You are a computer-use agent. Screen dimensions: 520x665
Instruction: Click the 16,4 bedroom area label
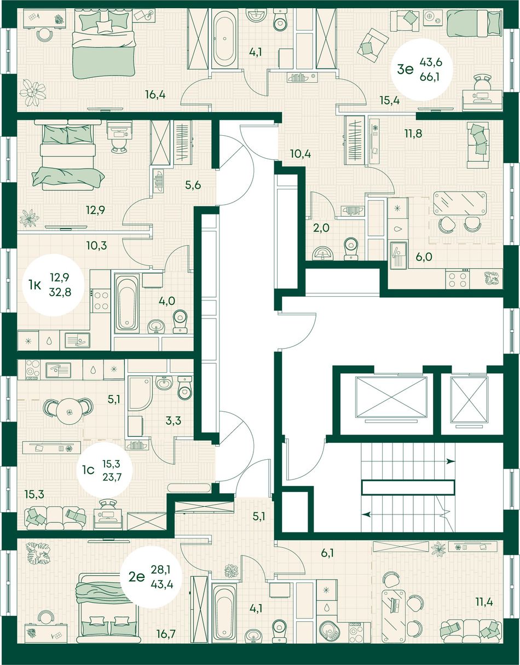click(x=155, y=95)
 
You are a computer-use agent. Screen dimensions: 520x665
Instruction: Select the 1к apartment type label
click(x=35, y=285)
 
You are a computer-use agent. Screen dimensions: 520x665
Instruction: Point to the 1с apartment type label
click(x=89, y=470)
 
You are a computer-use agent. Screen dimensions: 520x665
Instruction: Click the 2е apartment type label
click(x=137, y=577)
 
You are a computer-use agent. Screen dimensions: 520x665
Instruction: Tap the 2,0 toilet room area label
click(x=322, y=228)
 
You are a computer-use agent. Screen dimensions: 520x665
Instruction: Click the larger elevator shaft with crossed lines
click(x=391, y=397)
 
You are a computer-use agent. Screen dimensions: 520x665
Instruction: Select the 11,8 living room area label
click(x=413, y=134)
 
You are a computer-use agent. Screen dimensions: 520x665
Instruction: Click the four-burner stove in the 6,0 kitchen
click(x=458, y=279)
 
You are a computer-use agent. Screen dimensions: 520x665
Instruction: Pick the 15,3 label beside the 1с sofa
click(x=34, y=494)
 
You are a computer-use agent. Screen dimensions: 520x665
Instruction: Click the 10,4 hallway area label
click(x=301, y=154)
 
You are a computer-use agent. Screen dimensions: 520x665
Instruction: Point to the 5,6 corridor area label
click(x=193, y=185)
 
